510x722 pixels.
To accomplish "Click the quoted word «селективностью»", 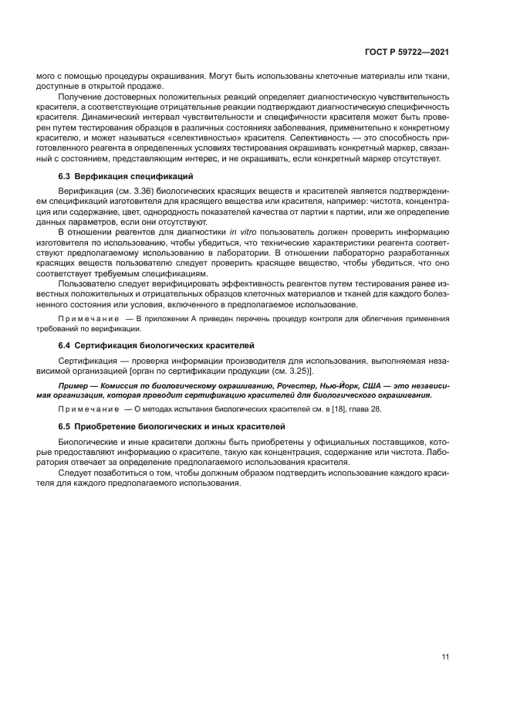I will coord(198,137).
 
